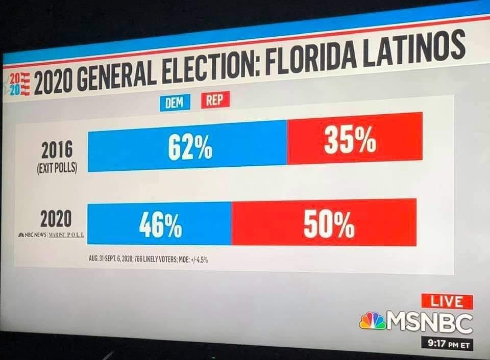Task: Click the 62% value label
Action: [x=190, y=147]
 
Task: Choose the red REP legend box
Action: [x=215, y=100]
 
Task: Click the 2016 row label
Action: [x=57, y=150]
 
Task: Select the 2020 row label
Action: [x=56, y=219]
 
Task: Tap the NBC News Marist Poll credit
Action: [x=51, y=235]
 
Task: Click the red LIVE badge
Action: [x=447, y=301]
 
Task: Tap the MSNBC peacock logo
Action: [x=373, y=321]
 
